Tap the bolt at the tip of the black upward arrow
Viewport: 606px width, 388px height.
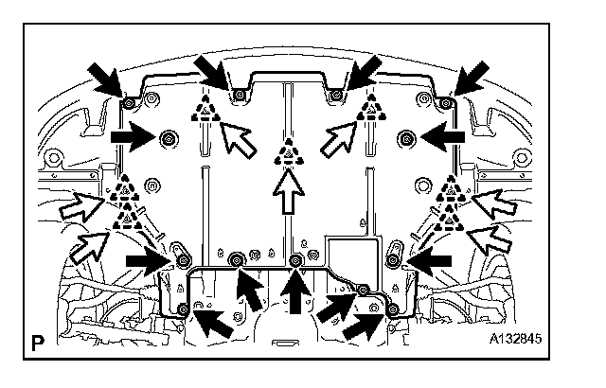coord(295,259)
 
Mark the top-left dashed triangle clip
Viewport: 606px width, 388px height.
coord(204,110)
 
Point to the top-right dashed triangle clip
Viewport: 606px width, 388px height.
coord(370,111)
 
